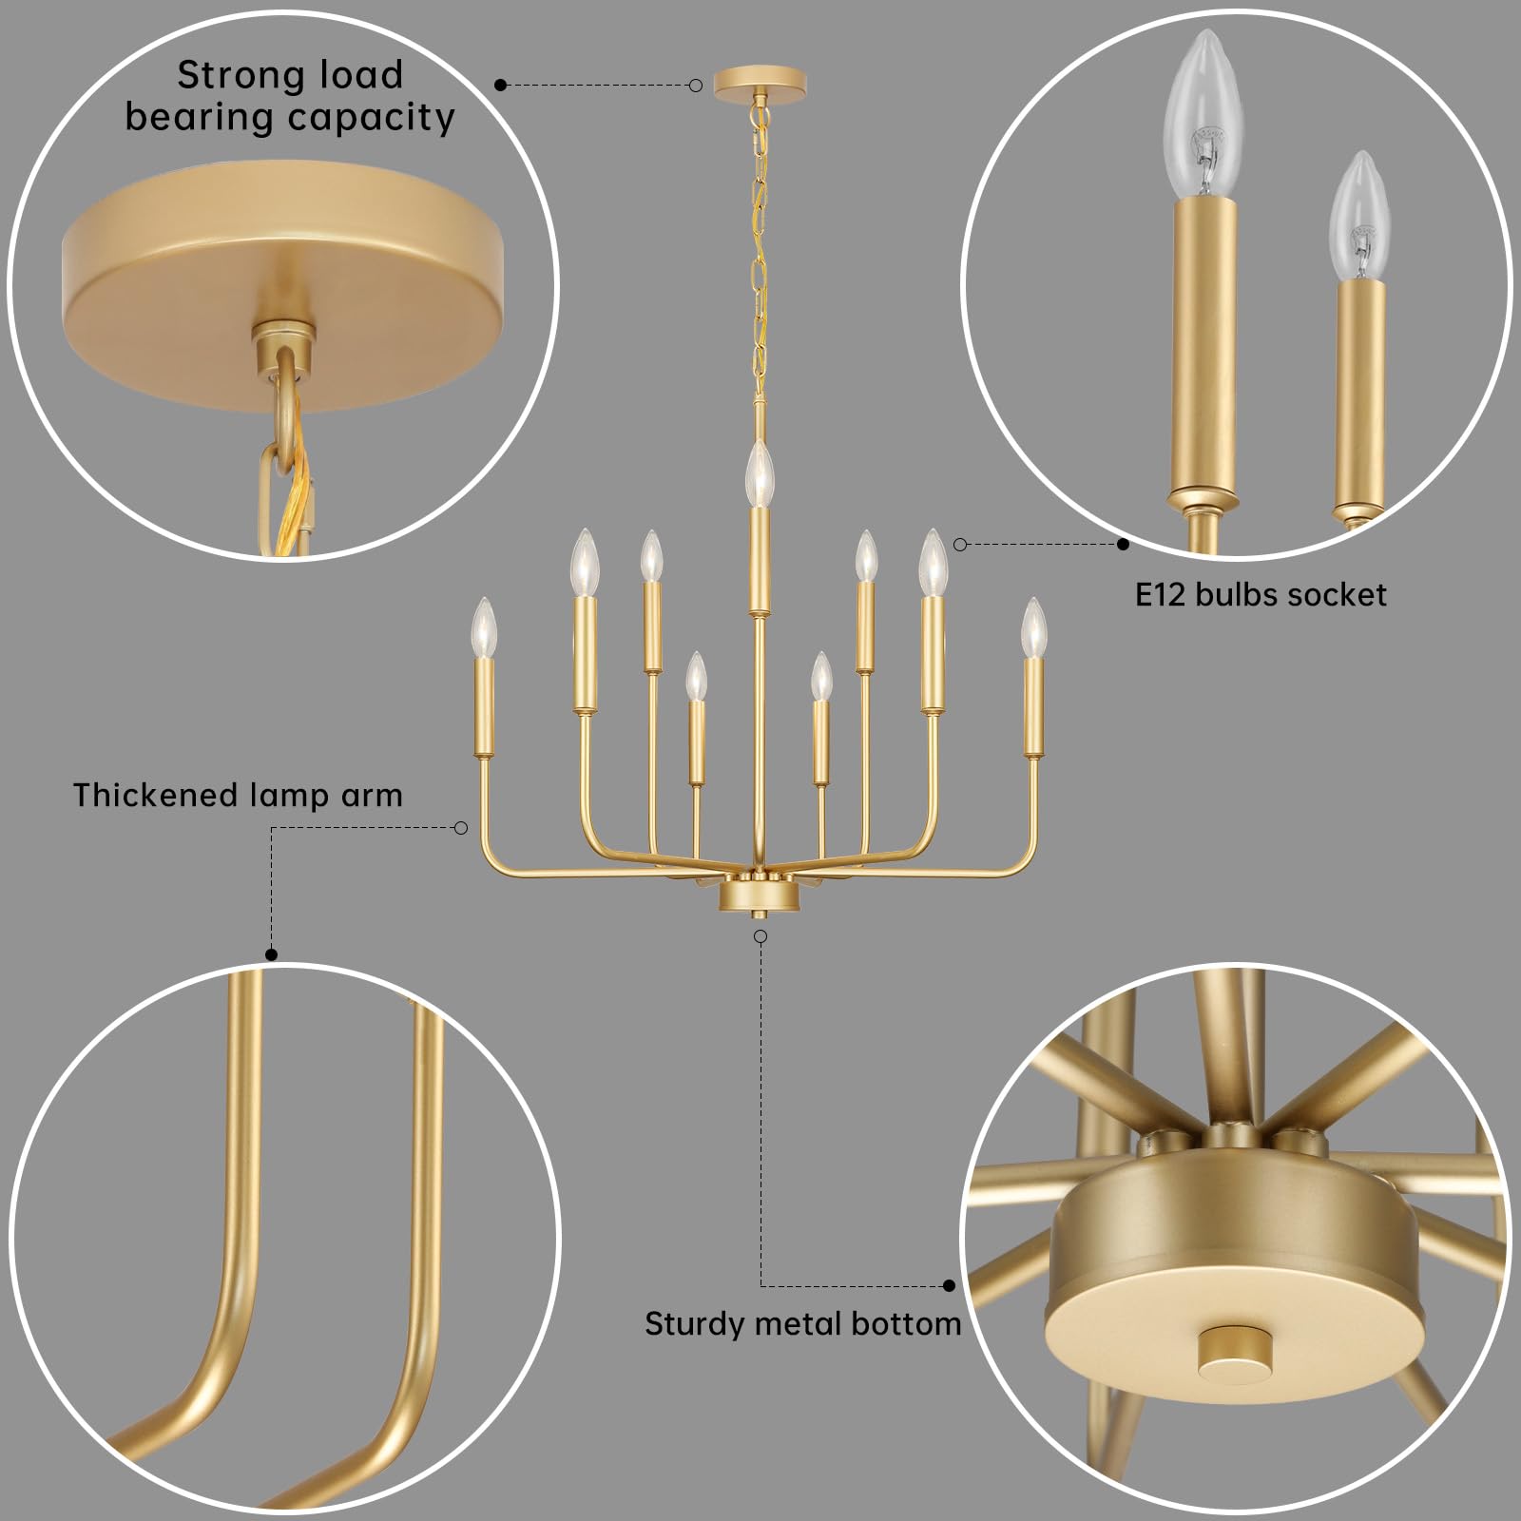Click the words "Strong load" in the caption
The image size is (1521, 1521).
coord(290,75)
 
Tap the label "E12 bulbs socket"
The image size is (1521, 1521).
coord(1261,595)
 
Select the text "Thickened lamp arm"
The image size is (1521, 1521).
coord(238,795)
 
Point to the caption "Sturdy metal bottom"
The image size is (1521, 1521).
coord(802,1323)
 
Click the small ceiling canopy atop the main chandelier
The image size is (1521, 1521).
coord(760,81)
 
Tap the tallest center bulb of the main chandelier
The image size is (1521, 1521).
coord(759,474)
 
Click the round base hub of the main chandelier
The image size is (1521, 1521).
coord(759,895)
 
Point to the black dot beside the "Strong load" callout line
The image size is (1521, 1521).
coord(501,86)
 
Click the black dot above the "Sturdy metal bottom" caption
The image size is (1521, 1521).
coord(949,1286)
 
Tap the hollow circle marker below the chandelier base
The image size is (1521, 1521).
coord(760,936)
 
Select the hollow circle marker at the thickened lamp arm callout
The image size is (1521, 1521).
coord(461,828)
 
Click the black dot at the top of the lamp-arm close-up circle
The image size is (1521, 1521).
coord(271,954)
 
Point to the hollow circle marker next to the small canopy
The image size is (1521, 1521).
coord(696,86)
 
